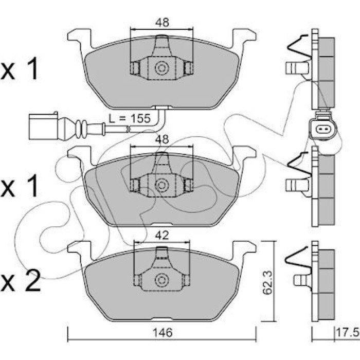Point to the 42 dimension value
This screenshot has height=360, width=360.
[162, 236]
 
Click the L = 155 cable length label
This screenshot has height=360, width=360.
[130, 118]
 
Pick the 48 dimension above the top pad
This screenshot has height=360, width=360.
[162, 22]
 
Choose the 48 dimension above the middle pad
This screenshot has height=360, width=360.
[162, 139]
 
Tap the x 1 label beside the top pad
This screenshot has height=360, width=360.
[20, 68]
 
